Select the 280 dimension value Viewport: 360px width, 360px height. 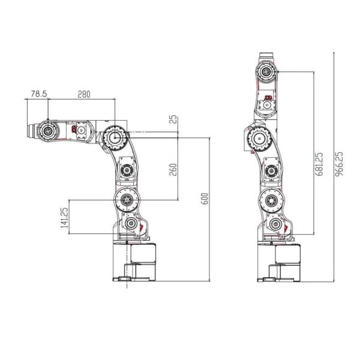(83, 94)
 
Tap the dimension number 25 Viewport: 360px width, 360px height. (173, 119)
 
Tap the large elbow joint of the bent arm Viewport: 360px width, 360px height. (113, 137)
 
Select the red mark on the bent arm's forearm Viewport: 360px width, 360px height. (75, 129)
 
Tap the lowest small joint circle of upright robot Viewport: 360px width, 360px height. (275, 225)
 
